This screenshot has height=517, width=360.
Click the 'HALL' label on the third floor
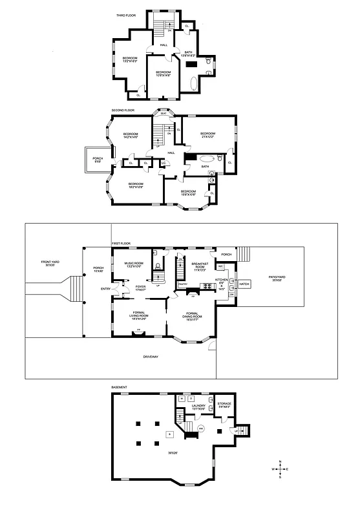[164, 45]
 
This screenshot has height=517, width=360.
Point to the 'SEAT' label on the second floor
[164, 113]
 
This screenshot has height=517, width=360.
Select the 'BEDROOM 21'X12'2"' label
[207, 135]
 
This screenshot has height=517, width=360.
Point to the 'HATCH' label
[244, 284]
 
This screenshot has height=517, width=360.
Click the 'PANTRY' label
[183, 283]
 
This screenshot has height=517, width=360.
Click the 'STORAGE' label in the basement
[224, 405]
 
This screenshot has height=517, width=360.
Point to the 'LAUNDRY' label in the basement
[198, 407]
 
